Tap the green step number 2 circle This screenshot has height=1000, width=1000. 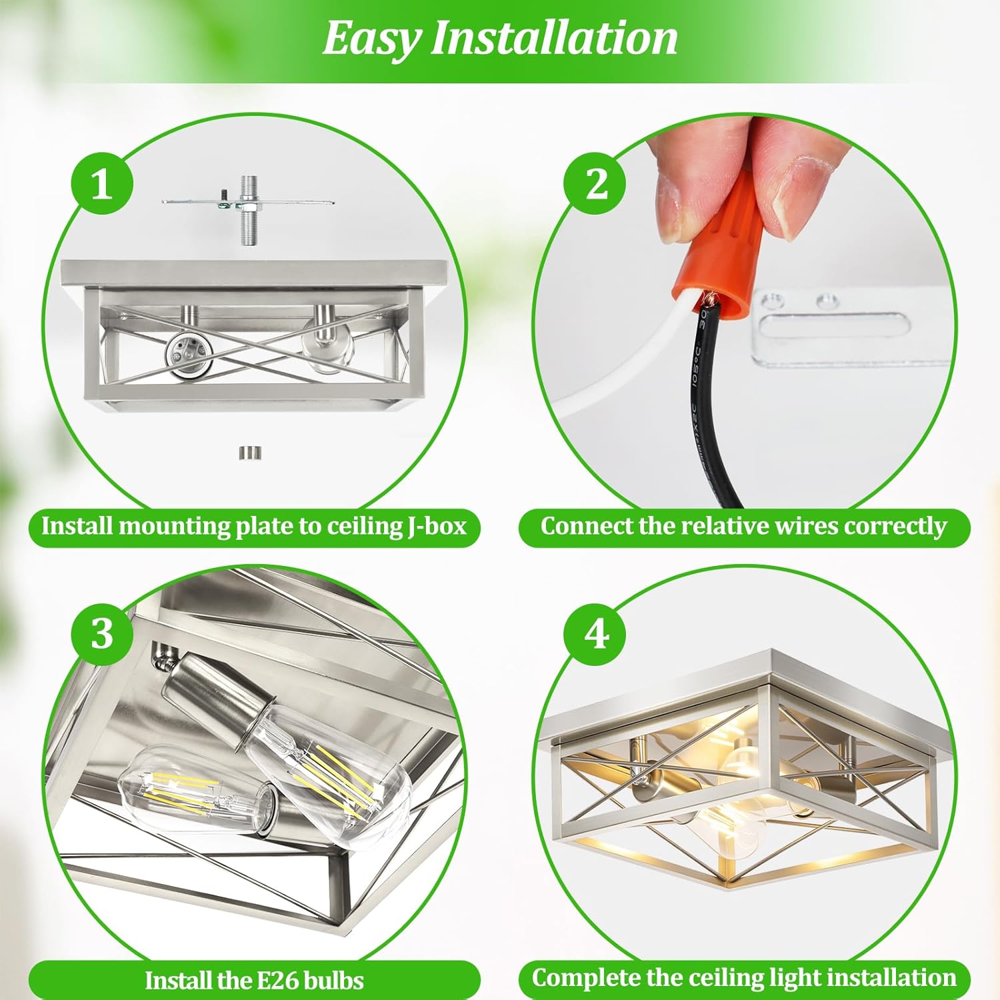595,183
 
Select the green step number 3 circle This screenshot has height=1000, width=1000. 102,632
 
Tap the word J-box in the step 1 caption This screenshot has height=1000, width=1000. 437,526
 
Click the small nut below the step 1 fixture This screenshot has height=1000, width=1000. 250,453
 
